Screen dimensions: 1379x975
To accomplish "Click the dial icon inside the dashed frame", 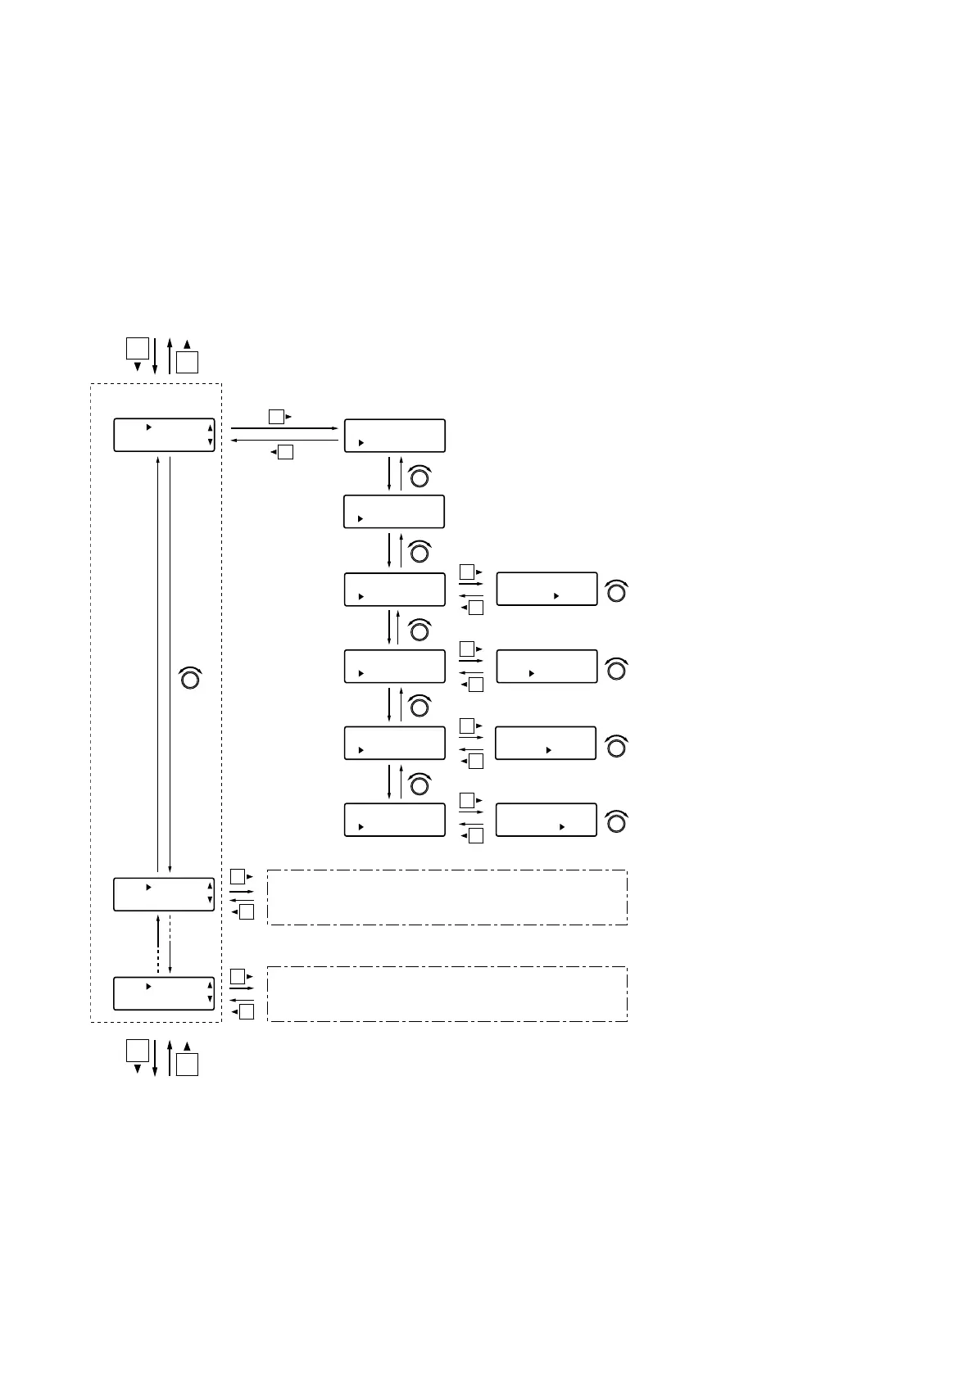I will (x=189, y=678).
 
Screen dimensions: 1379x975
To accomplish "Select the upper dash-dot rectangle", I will (x=447, y=897).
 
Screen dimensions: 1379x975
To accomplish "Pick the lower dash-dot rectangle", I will (x=447, y=993).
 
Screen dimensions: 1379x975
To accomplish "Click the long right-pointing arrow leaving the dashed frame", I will (x=284, y=428).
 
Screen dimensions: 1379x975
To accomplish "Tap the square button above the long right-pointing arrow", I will (x=276, y=416).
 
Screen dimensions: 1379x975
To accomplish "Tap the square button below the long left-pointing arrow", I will (x=285, y=451).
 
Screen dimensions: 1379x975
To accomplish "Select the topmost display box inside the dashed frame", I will (x=164, y=434).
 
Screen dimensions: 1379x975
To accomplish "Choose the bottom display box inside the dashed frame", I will (x=164, y=993).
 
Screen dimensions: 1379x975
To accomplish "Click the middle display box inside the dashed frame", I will (x=164, y=894).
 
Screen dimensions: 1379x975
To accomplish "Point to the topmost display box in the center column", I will (x=394, y=435).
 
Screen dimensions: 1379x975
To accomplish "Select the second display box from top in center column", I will (x=394, y=511).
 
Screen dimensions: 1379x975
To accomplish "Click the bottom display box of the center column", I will (x=394, y=819).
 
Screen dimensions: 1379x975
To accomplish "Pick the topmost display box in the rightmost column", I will (x=546, y=589).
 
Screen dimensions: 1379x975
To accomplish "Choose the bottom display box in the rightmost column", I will (x=546, y=819).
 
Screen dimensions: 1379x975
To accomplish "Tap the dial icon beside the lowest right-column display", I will (x=616, y=821).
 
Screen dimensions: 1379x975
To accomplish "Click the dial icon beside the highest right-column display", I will (x=616, y=591).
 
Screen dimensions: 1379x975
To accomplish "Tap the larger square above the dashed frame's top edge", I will (x=137, y=347).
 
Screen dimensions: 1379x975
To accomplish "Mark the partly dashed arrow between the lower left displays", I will (x=158, y=944).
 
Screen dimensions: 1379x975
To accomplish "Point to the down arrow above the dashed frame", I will (x=155, y=355).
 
